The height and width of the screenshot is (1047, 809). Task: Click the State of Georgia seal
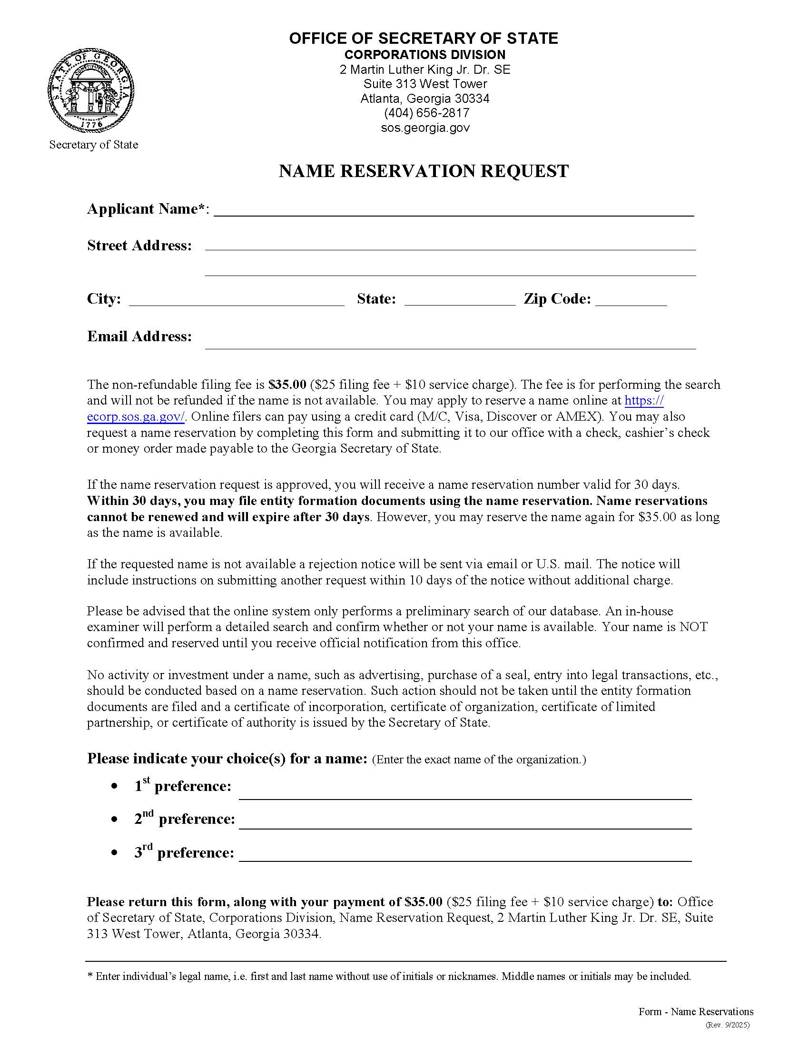(90, 90)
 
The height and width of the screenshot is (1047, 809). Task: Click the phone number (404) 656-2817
(426, 113)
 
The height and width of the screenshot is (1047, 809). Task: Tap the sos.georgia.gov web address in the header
(425, 128)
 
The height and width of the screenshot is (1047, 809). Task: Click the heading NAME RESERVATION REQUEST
(423, 171)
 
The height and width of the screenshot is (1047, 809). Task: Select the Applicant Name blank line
(454, 211)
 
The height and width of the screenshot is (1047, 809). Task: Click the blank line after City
(237, 300)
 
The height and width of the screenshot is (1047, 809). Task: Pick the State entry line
(460, 300)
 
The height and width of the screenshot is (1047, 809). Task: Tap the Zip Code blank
(631, 300)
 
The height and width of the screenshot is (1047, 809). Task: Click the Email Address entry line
(450, 343)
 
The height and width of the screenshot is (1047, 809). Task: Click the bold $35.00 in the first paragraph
(287, 385)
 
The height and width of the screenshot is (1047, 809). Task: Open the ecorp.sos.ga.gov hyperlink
(136, 417)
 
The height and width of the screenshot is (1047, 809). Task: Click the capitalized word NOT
(693, 627)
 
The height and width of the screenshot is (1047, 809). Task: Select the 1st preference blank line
(465, 793)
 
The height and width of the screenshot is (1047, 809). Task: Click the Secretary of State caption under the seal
(93, 145)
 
